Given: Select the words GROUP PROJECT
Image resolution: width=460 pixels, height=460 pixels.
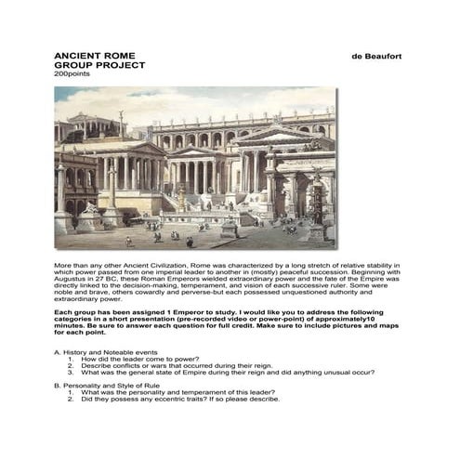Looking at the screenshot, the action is [x=91, y=66].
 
